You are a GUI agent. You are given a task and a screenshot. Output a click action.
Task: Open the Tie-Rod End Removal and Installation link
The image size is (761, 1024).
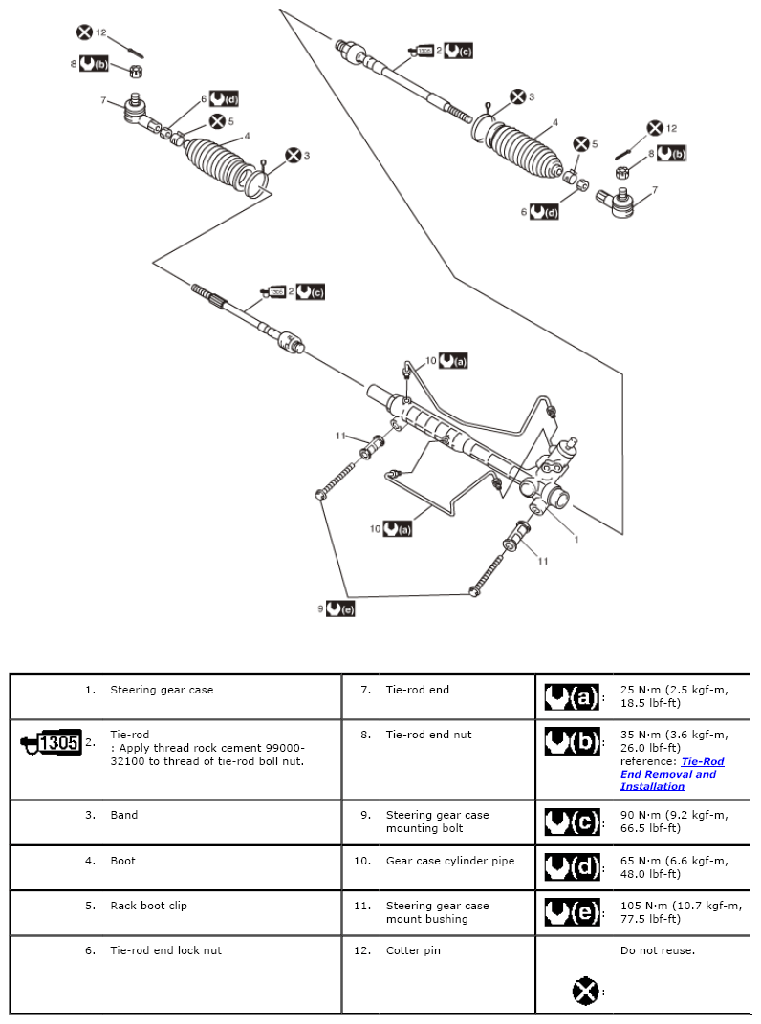[671, 774]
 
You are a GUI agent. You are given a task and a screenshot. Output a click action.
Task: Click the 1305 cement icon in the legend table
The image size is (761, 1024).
[51, 742]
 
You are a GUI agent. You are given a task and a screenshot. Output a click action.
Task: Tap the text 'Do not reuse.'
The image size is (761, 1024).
[657, 950]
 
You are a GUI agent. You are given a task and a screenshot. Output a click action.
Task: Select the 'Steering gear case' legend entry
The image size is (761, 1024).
[162, 690]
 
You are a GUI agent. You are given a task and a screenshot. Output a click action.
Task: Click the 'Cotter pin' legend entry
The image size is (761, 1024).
[413, 950]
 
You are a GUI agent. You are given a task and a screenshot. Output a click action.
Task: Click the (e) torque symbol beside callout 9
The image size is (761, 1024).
[340, 608]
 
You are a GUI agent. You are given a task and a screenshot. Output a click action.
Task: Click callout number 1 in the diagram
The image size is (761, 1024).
[576, 539]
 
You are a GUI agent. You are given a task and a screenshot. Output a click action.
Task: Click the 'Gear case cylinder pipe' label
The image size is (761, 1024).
[449, 861]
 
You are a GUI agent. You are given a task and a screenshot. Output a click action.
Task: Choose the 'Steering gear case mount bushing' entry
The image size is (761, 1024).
[437, 912]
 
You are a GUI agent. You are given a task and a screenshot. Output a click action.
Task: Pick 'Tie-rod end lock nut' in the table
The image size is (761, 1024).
[165, 950]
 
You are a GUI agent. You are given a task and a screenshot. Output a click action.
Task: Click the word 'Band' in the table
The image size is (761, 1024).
[124, 815]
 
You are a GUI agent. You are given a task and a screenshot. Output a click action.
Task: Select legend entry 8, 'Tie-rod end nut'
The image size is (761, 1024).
[428, 735]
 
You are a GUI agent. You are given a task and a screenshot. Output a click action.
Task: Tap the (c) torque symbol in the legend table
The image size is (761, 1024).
[572, 821]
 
